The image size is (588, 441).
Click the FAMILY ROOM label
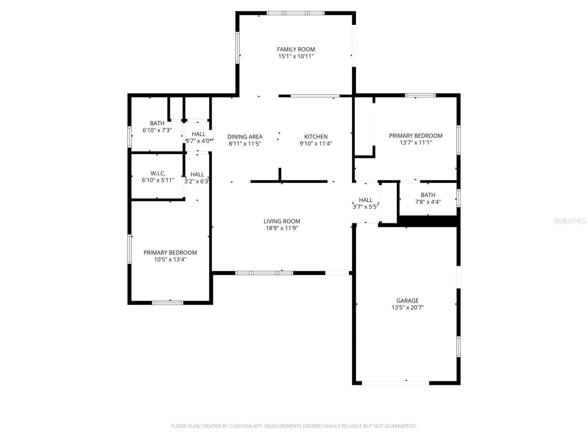(x=296, y=49)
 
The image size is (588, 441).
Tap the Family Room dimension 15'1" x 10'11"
(x=296, y=56)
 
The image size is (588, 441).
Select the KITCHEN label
(x=316, y=137)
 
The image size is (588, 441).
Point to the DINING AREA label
(x=245, y=137)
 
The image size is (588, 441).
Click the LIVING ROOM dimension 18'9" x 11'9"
(x=282, y=228)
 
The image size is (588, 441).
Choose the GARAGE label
(x=407, y=301)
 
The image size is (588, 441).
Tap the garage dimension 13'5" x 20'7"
(x=407, y=308)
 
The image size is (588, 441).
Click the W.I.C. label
(x=158, y=173)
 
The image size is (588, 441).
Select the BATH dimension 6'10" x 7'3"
(x=157, y=130)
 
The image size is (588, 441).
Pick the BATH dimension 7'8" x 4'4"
(x=428, y=202)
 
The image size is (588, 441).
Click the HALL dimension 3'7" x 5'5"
(x=365, y=207)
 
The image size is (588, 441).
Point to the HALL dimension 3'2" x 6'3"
(x=197, y=181)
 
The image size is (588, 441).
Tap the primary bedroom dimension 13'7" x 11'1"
(x=416, y=143)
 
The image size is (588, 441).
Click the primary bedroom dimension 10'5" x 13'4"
(x=170, y=259)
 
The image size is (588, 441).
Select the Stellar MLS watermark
(x=569, y=220)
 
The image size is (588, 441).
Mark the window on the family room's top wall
(x=295, y=13)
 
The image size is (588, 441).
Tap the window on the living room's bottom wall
(x=264, y=273)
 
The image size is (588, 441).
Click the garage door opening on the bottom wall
(x=395, y=383)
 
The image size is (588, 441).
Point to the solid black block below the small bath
(x=428, y=221)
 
